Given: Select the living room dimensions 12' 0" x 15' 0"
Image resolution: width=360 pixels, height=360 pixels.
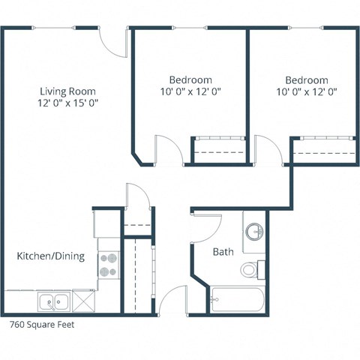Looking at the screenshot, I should [69, 103].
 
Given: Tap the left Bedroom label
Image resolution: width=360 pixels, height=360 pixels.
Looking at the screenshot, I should [190, 79].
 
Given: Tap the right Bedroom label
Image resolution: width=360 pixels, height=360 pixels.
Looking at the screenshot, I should [306, 79].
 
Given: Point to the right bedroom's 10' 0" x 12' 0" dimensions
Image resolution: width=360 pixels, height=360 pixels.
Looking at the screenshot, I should [306, 92].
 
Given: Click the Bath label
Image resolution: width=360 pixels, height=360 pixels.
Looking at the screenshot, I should [222, 251].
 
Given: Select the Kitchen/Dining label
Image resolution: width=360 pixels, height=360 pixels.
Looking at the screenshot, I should [50, 256].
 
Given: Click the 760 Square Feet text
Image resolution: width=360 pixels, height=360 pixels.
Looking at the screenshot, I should [42, 325].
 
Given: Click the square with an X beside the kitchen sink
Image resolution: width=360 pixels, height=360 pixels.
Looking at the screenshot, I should [82, 302].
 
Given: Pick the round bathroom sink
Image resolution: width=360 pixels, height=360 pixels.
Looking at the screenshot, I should [255, 230].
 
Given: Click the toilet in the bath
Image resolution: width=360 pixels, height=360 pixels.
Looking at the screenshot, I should [250, 268].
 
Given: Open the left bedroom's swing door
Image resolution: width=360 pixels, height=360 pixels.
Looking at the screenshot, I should [168, 148].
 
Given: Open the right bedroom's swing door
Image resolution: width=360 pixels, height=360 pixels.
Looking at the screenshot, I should [268, 148].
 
